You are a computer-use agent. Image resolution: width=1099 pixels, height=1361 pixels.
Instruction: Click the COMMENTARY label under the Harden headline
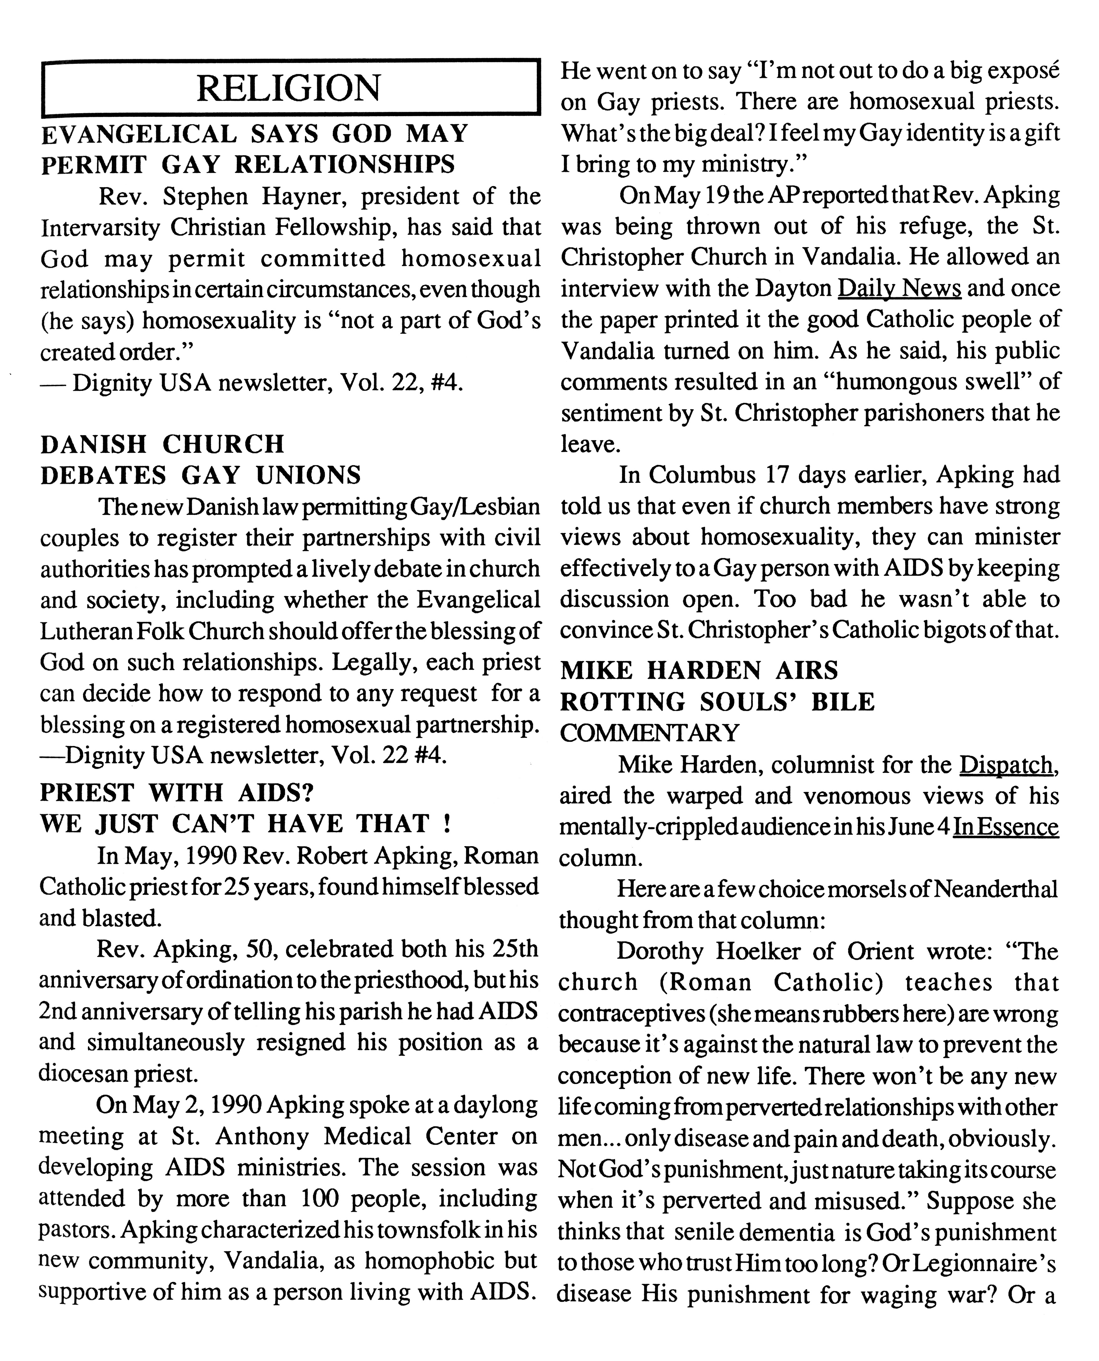click(x=649, y=733)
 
